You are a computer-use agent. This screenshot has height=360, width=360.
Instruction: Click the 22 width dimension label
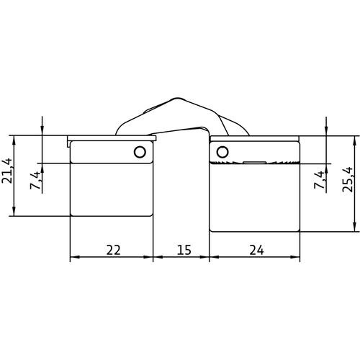pos(113,250)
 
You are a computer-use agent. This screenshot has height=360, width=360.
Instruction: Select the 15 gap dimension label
pos(184,250)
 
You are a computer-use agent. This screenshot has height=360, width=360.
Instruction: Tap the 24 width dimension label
pos(256,250)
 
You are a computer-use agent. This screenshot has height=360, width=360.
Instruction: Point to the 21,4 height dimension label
pos(7,171)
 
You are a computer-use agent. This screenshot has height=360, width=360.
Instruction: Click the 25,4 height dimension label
pos(348,179)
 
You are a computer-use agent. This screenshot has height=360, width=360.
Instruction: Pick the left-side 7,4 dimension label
pos(35,180)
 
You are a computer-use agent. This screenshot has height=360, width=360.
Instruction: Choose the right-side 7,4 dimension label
pos(320,179)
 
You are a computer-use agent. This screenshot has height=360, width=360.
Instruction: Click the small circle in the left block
pos(140,152)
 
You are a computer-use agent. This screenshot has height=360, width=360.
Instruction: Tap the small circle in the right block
pos(222,152)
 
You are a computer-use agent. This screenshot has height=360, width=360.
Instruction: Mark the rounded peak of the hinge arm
pos(177,99)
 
